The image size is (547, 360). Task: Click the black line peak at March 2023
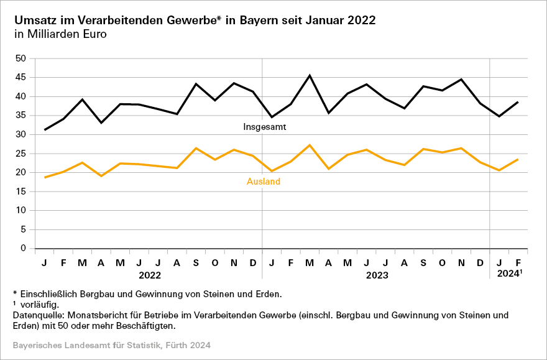[x=310, y=76]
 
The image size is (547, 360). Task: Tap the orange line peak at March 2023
[x=310, y=145]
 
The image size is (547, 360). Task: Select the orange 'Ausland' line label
[x=264, y=182]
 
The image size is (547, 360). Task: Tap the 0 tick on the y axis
[x=23, y=249]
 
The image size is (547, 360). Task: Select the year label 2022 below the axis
[x=149, y=274]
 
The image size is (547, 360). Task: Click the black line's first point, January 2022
[x=45, y=130]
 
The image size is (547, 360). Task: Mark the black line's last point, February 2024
[x=518, y=102]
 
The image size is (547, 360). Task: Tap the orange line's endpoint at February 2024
[x=518, y=159]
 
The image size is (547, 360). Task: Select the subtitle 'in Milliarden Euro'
[x=60, y=34]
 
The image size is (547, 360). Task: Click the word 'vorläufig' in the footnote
[x=43, y=305]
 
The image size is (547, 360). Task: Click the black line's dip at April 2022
[x=101, y=122]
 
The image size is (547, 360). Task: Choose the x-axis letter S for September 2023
[x=423, y=263]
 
